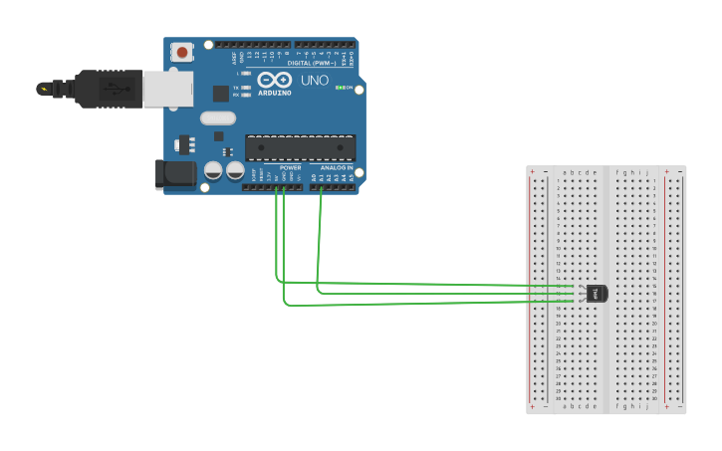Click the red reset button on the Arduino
point(182,52)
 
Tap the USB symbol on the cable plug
point(117,89)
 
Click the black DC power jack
point(175,174)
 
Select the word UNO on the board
point(315,80)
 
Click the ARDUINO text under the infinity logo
point(275,93)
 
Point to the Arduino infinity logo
point(274,80)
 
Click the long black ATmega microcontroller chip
point(300,148)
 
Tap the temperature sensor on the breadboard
point(596,293)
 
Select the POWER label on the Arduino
point(290,167)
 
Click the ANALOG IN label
point(336,167)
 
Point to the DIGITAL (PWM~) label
point(312,62)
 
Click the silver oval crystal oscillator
point(217,117)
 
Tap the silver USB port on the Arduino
point(168,89)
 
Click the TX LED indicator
point(246,88)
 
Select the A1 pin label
point(321,177)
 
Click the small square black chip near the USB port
point(220,94)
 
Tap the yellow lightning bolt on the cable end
point(43,89)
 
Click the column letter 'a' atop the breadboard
point(565,172)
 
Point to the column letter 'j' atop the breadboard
point(647,172)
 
